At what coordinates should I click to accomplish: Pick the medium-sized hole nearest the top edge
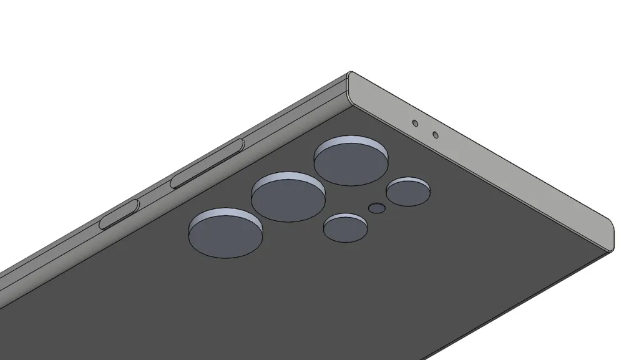tap(409, 193)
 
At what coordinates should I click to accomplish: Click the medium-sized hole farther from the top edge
tap(345, 230)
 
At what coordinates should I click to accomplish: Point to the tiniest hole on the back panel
tap(376, 208)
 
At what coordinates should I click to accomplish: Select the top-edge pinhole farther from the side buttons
tap(435, 135)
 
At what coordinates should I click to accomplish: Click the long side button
tap(207, 164)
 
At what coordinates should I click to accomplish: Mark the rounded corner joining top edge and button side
tap(349, 84)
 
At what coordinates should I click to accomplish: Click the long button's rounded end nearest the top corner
tap(241, 145)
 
